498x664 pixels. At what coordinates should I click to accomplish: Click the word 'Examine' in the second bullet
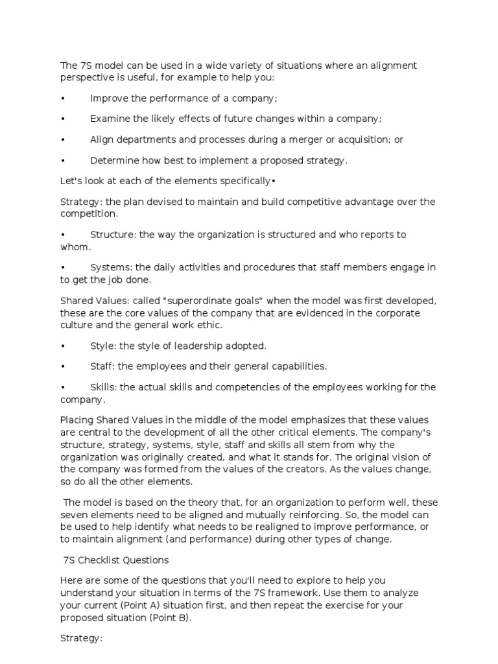[x=109, y=119]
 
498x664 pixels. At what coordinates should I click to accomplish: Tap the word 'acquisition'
[x=368, y=139]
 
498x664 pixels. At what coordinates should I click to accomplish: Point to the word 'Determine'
[x=114, y=160]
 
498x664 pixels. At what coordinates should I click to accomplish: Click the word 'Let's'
[x=71, y=181]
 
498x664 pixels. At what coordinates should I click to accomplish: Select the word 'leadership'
[x=205, y=346]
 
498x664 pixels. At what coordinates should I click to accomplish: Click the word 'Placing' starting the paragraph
[x=77, y=420]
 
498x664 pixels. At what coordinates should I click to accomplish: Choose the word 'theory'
[x=203, y=502]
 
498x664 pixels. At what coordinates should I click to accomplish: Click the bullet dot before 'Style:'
[x=62, y=346]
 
